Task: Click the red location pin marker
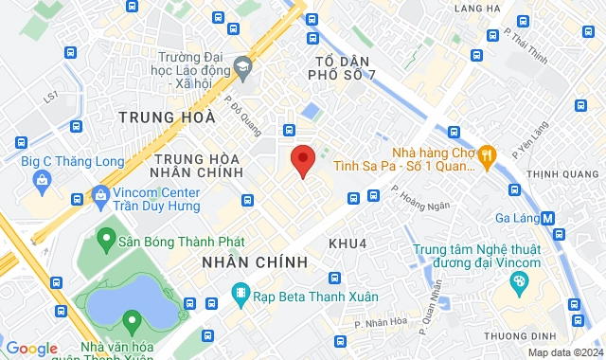coord(302,161)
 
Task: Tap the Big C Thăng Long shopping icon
coord(41,178)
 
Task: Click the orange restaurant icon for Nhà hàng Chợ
coord(487,153)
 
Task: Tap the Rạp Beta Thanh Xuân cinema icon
coord(241,296)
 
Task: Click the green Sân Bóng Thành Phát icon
coord(104,241)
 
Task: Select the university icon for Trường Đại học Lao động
coord(243,66)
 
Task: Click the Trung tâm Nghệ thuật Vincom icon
coord(518,281)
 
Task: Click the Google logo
coord(30,349)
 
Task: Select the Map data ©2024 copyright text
coord(564,352)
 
